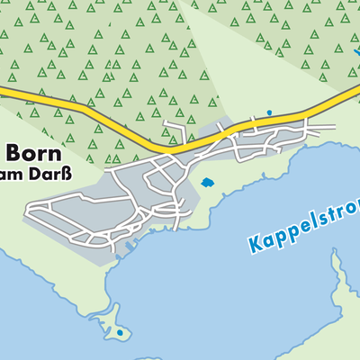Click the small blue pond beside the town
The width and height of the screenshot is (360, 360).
coord(208,183)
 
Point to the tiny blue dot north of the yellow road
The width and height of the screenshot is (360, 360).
coord(268,112)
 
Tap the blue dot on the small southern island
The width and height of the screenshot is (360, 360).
coord(120,333)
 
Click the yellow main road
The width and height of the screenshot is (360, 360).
coord(135,130)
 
